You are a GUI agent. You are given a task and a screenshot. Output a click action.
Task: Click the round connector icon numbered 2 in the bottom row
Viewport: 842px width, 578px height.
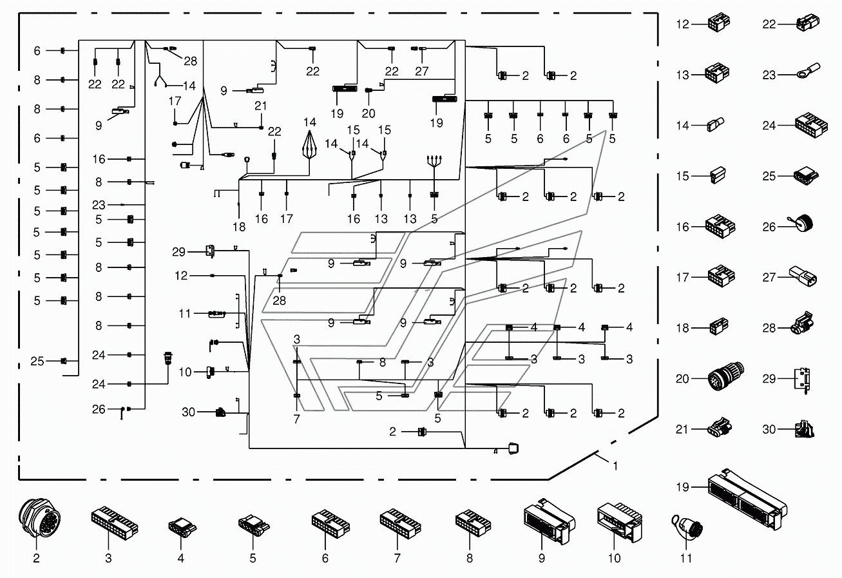39,518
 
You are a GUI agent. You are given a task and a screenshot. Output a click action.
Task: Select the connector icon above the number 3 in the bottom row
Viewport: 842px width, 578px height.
115,521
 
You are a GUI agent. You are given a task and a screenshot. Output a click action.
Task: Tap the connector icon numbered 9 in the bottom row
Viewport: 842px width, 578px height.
549,521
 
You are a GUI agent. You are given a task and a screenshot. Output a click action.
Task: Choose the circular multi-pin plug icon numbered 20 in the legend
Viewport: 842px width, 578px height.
726,376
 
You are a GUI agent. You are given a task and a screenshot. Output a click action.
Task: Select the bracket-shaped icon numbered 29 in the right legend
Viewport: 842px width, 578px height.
803,380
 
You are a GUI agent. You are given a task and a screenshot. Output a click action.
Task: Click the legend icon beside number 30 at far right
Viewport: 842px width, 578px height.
805,429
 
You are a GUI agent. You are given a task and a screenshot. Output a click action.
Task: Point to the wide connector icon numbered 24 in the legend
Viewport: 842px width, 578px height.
811,125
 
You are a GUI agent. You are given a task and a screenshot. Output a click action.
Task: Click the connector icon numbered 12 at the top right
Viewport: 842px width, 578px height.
719,23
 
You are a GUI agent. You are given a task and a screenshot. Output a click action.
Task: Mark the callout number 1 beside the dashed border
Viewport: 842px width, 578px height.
615,467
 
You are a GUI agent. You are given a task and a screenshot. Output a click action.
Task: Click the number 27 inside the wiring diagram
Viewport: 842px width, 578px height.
422,71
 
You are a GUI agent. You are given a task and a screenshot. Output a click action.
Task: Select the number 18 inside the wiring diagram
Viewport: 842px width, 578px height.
239,227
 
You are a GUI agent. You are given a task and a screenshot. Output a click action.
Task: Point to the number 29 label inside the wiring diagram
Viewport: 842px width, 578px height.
179,252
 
